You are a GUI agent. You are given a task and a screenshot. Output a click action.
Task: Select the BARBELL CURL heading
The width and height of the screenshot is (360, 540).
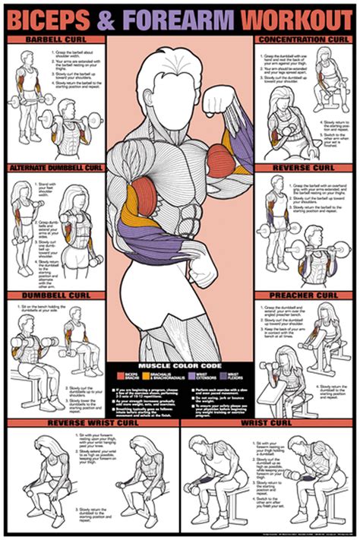tap(55, 39)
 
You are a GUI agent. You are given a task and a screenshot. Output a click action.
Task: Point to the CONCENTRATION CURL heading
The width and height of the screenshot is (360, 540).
tap(303, 39)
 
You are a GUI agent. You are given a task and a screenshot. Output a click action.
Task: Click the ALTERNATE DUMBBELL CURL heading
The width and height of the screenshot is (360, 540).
tap(55, 167)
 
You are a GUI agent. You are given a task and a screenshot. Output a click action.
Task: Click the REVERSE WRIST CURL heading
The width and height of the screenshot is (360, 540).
tap(90, 422)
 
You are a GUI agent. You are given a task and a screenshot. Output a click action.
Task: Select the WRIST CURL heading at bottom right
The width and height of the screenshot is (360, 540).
tap(270, 422)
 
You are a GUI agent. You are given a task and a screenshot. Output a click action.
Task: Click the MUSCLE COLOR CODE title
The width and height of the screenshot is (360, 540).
tap(180, 365)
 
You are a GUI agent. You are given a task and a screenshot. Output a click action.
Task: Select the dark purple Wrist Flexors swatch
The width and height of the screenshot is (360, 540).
tap(221, 374)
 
